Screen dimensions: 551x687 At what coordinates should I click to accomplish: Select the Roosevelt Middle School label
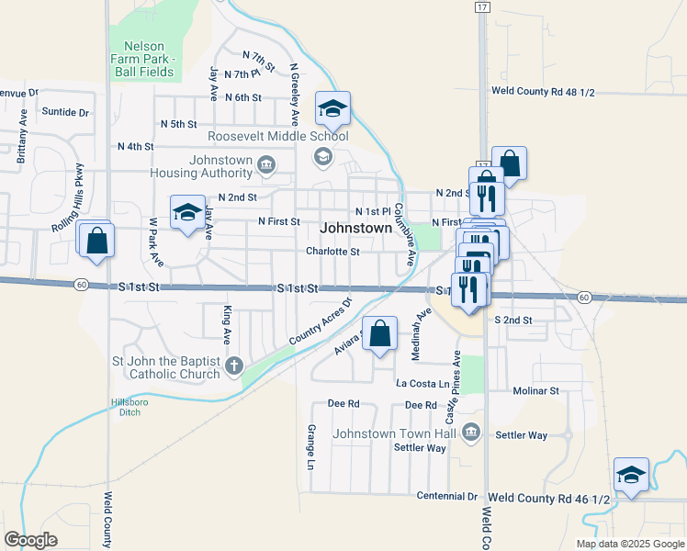[278, 136]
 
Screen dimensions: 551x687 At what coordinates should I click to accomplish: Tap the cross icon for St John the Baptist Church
[234, 366]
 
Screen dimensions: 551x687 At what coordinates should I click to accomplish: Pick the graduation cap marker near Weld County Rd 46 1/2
[631, 474]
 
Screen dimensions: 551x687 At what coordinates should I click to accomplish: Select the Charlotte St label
[332, 251]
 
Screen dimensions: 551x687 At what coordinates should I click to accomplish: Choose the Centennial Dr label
[446, 496]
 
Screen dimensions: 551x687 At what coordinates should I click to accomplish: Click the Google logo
[30, 539]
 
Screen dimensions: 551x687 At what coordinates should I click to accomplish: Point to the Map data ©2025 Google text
[629, 543]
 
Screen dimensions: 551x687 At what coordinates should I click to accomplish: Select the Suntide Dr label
[65, 112]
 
